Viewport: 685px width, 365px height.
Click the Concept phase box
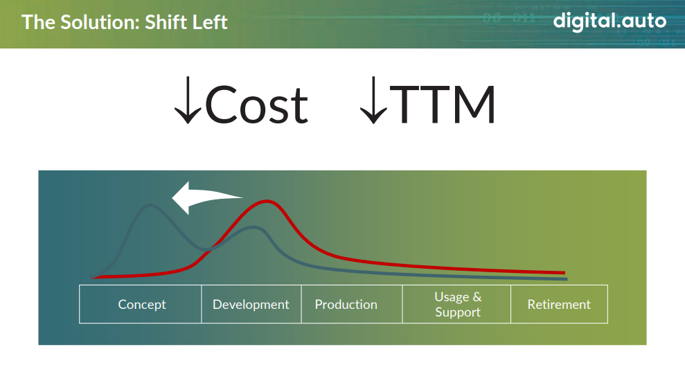point(140,304)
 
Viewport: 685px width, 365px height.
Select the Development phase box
point(251,304)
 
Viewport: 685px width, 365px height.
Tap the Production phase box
point(352,304)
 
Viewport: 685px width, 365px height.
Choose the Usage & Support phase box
point(456,304)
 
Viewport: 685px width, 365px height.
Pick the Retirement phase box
point(559,304)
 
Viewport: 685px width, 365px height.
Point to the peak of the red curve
point(267,202)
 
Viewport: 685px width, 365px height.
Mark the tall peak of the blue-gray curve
point(150,205)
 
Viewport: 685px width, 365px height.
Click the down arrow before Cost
point(188,100)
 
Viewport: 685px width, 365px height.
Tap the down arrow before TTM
point(373,100)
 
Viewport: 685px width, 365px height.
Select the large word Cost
point(256,105)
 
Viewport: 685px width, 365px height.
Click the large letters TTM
point(442,105)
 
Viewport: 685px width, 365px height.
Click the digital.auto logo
point(610,21)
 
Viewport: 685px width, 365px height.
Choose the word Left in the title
point(211,22)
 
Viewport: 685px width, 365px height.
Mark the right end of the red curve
point(564,273)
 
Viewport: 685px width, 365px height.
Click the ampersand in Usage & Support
point(477,297)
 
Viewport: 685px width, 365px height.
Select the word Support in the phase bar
point(457,312)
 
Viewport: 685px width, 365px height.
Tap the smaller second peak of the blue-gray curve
point(253,227)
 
